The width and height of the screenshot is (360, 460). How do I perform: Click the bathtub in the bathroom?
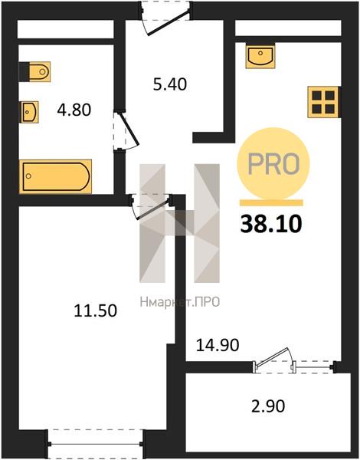55,176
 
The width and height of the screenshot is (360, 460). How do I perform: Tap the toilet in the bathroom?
35,71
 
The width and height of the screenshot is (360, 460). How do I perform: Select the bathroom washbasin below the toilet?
29,112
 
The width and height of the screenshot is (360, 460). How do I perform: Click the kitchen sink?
260,57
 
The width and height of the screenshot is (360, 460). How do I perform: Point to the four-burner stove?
324,102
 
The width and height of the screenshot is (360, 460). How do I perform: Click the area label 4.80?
74,110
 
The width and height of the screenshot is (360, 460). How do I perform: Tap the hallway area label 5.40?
170,84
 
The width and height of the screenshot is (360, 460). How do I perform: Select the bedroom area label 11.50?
95,310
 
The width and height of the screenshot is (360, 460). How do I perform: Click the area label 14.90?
218,345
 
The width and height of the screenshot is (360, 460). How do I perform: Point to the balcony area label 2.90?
268,406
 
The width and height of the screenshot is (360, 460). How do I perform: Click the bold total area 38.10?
271,225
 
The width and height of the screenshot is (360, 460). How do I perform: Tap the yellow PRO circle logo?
273,164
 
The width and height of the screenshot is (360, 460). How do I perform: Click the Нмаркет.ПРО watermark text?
180,302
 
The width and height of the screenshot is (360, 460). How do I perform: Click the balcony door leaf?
271,358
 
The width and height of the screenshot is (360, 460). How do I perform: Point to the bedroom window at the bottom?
95,444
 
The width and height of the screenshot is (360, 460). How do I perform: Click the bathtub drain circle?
28,176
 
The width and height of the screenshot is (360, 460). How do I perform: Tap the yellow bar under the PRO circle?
271,202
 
